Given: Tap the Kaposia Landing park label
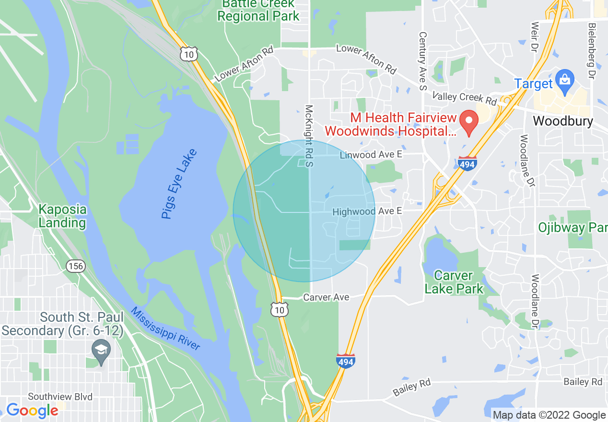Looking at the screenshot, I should pyautogui.click(x=62, y=216).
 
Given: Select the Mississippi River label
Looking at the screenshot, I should pyautogui.click(x=165, y=329).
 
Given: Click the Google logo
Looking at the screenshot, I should pyautogui.click(x=32, y=410).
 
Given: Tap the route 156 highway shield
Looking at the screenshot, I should pyautogui.click(x=75, y=266).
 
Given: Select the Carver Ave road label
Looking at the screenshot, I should pyautogui.click(x=326, y=297).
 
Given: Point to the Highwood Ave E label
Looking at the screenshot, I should pyautogui.click(x=367, y=211).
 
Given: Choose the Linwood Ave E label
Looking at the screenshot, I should pyautogui.click(x=371, y=155).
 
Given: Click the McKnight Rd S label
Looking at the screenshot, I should pyautogui.click(x=309, y=136).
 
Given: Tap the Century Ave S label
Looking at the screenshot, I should pyautogui.click(x=422, y=61).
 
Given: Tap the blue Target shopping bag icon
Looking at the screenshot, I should pyautogui.click(x=565, y=82).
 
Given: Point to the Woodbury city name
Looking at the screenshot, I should pyautogui.click(x=563, y=121).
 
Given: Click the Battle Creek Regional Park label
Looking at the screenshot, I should pyautogui.click(x=258, y=10).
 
